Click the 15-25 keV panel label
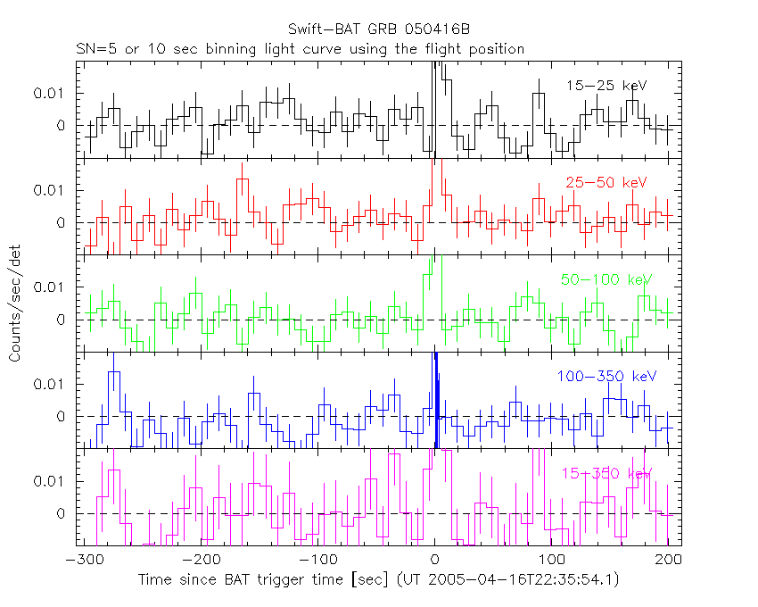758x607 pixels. click(x=606, y=86)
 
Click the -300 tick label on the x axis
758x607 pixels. click(x=82, y=560)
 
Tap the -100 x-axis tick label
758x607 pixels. click(x=317, y=560)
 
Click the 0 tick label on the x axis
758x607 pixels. click(x=434, y=560)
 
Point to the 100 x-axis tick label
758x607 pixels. click(x=551, y=560)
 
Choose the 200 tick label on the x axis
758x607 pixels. click(x=669, y=560)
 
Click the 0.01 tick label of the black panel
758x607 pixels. click(x=51, y=93)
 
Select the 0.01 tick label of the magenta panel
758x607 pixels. click(x=51, y=481)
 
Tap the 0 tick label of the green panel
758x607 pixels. click(x=62, y=320)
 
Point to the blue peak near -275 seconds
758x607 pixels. click(x=114, y=375)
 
